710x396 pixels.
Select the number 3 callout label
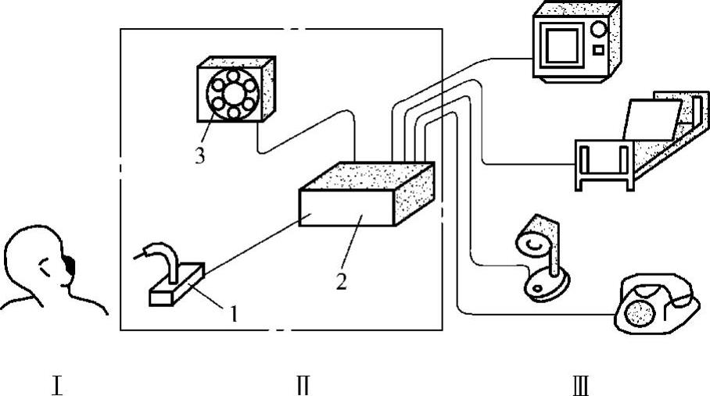coord(200,155)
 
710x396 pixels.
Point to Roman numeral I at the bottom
coord(56,384)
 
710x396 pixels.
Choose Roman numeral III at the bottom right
coord(581,384)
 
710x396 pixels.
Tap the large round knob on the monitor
coord(600,30)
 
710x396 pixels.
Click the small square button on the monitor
coord(598,51)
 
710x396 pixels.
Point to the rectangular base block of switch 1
coord(176,286)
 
